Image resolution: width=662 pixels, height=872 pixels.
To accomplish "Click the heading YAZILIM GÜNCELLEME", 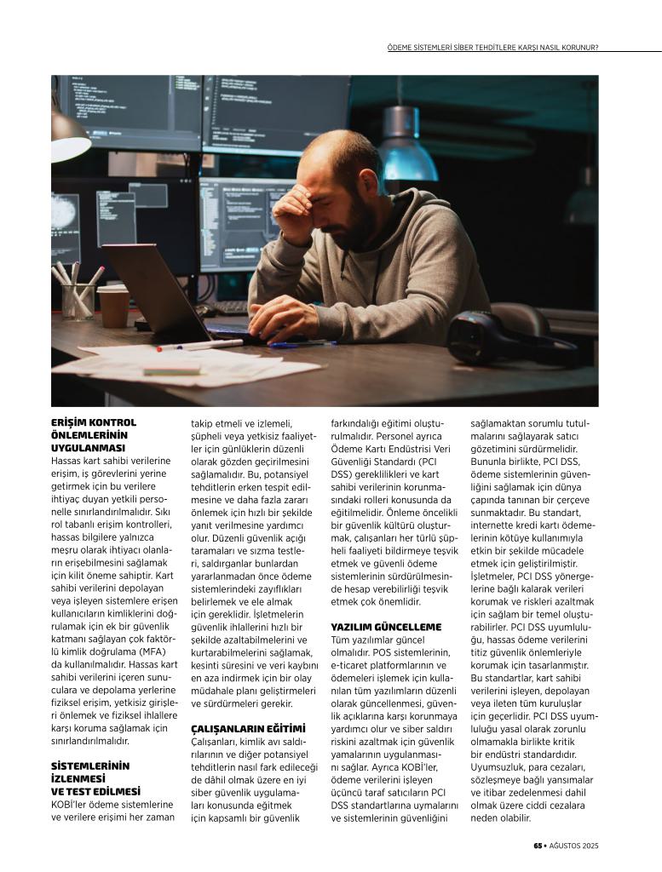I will click(386, 627).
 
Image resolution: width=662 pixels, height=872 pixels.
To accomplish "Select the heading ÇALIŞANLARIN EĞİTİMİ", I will click(247, 729).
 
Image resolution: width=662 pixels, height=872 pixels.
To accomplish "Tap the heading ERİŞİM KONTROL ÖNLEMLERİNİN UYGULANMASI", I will click(94, 434).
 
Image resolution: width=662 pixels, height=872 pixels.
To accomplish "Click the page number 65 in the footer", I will click(538, 846).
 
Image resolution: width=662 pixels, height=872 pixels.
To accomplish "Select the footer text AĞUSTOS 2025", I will click(574, 846).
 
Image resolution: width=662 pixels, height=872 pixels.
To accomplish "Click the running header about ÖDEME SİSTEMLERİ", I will click(492, 47).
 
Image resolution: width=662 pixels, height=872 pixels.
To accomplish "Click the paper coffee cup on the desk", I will click(113, 306).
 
